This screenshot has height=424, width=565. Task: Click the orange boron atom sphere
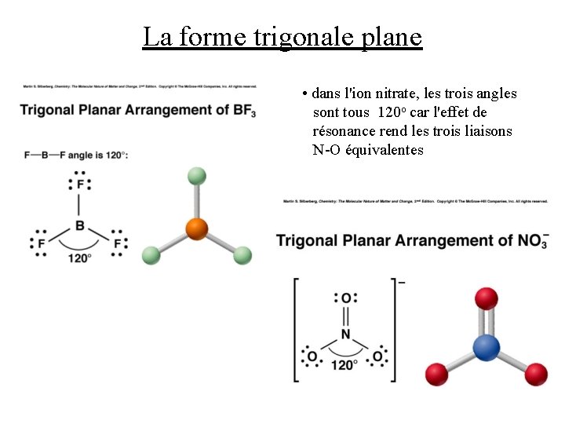196,229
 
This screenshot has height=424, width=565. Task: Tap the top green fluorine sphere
197,176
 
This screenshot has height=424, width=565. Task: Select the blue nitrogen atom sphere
487,346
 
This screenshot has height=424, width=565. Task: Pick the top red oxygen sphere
487,298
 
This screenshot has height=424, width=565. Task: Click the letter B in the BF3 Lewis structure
79,226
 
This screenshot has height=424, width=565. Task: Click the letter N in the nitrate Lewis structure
345,335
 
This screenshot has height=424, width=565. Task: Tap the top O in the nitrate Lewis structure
345,298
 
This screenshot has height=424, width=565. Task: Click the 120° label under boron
79,257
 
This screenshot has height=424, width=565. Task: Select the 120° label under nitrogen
345,365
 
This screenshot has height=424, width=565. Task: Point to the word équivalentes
385,150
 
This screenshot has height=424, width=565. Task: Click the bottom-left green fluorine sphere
150,255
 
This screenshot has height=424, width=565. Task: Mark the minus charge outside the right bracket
402,281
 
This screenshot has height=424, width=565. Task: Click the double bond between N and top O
345,316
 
